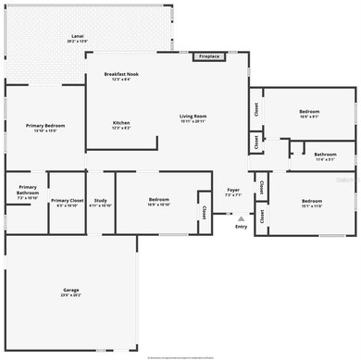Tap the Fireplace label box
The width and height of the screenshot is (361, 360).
click(x=210, y=56)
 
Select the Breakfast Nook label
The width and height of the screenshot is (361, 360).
click(x=122, y=74)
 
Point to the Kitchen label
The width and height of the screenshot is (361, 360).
click(x=121, y=123)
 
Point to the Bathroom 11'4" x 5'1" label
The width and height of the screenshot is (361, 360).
click(x=324, y=155)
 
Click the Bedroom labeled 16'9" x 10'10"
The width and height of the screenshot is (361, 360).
click(x=159, y=200)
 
